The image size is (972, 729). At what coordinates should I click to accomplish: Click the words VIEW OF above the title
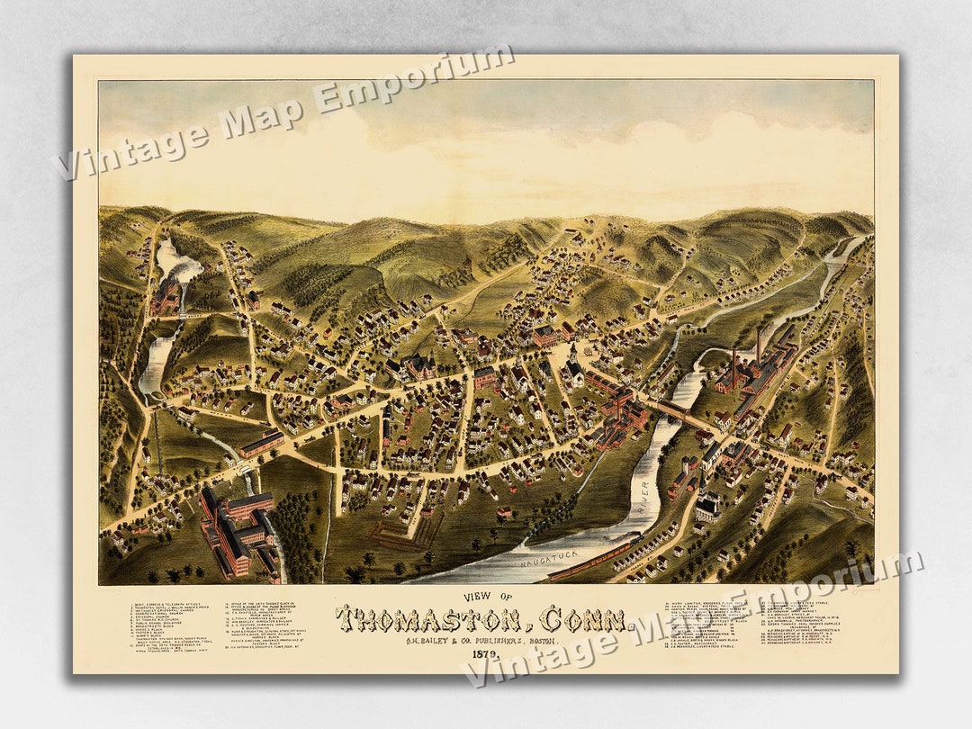pyautogui.click(x=482, y=597)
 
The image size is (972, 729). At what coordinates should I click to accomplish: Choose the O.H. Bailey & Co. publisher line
pyautogui.click(x=482, y=639)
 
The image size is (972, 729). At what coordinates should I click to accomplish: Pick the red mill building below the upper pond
pyautogui.click(x=166, y=297)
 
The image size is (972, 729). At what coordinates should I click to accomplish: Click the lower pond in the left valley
pyautogui.click(x=154, y=364)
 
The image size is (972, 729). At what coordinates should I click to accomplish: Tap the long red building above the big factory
pyautogui.click(x=261, y=443)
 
